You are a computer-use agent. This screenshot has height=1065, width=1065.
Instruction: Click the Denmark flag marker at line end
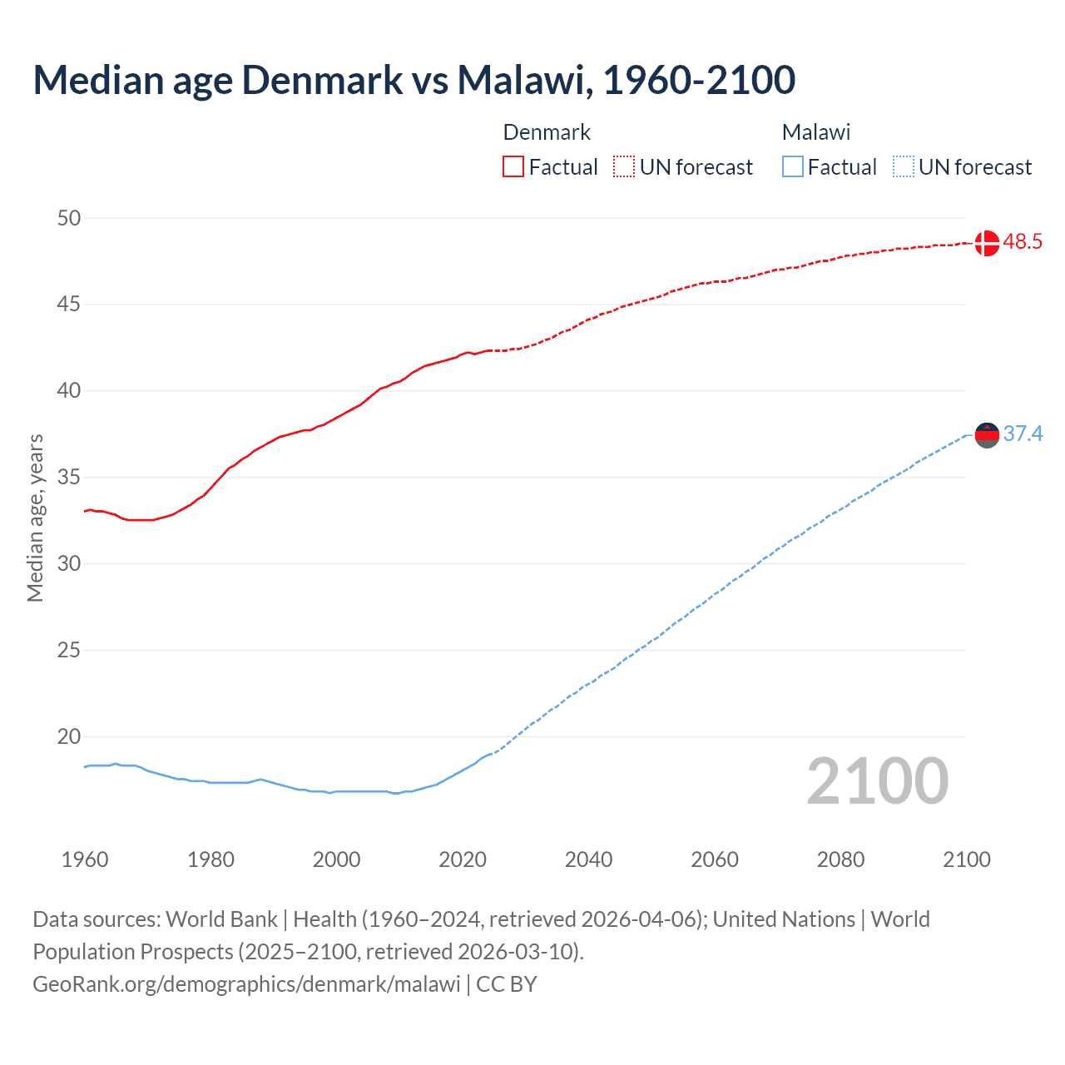pos(987,243)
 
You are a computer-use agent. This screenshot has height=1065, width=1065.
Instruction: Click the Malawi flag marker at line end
pos(987,434)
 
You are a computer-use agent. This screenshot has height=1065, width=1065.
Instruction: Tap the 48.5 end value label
pos(1023,242)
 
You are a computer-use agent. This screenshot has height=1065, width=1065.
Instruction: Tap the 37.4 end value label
pos(1023,434)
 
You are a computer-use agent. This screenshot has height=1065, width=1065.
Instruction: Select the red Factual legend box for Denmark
pos(513,167)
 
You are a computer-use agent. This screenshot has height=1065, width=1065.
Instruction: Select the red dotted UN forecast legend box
pos(624,167)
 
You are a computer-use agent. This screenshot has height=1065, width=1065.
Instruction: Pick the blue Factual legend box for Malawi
pos(793,167)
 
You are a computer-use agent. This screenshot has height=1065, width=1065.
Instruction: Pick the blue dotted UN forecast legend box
pos(904,167)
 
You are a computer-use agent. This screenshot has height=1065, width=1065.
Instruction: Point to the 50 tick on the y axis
pos(69,218)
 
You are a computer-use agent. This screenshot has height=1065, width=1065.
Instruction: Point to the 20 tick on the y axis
pos(69,736)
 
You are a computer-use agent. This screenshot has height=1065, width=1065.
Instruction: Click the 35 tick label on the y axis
pos(69,478)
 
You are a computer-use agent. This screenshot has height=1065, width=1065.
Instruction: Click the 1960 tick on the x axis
pos(85,859)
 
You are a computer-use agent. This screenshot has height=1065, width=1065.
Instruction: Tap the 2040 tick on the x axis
pos(588,859)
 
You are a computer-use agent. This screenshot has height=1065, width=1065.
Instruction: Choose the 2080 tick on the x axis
pos(840,859)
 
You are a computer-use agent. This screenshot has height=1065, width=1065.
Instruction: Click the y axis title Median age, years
pos(35,518)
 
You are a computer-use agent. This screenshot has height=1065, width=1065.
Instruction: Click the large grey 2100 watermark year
pos(877,781)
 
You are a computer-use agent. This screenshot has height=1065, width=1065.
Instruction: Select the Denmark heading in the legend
pos(547,132)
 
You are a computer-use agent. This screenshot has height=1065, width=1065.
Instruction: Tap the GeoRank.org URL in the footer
pos(246,984)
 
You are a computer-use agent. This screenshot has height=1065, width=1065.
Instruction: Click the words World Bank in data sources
pos(221,919)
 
